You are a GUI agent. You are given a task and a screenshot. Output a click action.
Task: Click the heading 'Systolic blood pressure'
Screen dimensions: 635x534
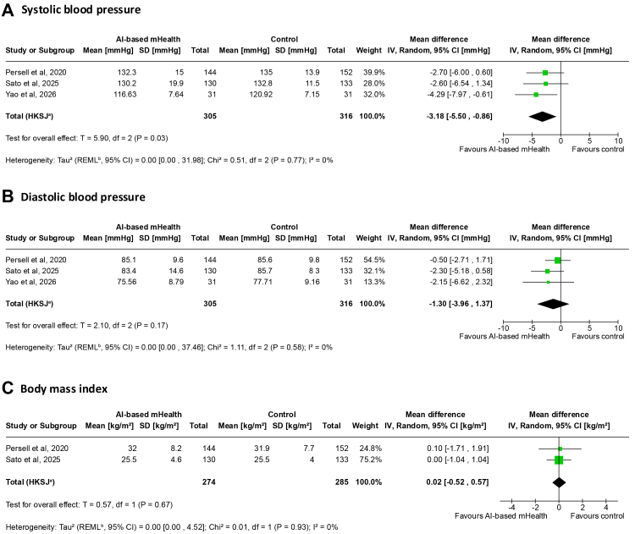81,9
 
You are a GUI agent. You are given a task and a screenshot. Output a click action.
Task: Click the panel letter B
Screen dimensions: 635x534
8,196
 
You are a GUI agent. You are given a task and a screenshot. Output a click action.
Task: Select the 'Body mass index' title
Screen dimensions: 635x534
64,388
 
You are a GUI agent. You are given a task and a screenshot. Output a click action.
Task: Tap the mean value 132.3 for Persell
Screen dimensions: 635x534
127,73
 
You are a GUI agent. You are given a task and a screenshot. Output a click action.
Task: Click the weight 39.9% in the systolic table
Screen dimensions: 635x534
374,73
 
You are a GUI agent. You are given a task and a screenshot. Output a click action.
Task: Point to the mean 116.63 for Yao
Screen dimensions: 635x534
124,94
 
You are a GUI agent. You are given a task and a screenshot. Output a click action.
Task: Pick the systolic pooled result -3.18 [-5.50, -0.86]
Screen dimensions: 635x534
460,116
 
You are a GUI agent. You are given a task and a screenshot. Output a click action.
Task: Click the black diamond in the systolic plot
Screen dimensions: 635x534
542,117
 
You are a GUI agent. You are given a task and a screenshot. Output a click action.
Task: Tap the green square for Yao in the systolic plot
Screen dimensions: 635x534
536,95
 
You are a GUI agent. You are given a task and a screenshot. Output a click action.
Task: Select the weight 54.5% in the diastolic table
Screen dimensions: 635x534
374,260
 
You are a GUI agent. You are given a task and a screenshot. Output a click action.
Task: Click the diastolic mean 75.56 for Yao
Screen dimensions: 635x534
127,282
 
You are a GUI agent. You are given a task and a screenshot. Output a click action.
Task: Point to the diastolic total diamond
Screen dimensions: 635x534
553,304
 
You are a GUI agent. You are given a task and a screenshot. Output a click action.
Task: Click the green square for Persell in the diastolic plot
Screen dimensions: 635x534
558,261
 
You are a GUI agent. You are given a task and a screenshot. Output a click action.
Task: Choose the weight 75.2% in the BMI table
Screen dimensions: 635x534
371,460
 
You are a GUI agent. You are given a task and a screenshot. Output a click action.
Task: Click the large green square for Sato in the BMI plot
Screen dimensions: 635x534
559,460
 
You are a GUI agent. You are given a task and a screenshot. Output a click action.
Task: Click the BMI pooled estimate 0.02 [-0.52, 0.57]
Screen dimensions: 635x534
457,482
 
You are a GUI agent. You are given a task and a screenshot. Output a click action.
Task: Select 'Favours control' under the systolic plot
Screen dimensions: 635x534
598,150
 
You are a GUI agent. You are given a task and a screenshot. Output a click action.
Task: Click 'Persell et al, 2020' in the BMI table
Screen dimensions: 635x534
37,449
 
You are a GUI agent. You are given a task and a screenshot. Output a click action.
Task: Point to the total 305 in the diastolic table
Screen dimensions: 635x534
210,304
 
